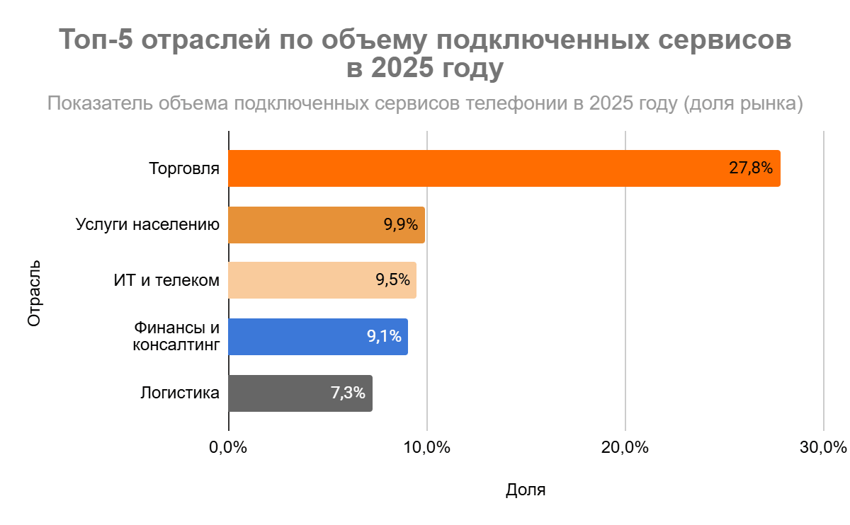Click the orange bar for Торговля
467,168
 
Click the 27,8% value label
750,168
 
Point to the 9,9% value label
401,225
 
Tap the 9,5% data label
392,280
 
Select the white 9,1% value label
384,337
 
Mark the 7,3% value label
348,393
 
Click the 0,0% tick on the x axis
228,448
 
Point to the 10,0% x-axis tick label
426,448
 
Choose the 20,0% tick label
625,448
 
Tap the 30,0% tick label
823,448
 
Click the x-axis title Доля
526,490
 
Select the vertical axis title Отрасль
34,294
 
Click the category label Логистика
180,393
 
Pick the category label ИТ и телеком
166,280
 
